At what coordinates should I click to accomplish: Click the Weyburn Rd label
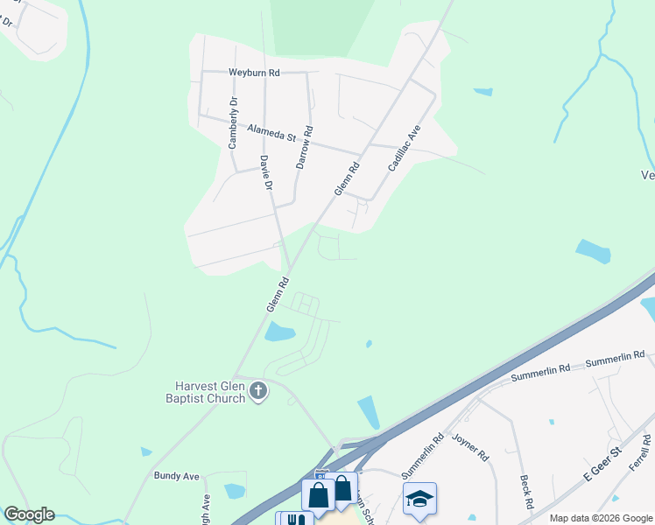(253, 73)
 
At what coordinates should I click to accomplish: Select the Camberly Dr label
(233, 123)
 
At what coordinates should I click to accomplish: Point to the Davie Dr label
(267, 173)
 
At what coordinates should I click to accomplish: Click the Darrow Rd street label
(303, 147)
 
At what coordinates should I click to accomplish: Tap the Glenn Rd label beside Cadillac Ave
(347, 178)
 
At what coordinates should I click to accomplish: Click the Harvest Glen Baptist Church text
(208, 392)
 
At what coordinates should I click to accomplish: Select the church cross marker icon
(258, 392)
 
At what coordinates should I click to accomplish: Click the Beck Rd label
(525, 493)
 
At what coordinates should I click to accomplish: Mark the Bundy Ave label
(177, 476)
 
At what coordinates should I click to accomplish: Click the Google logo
(29, 514)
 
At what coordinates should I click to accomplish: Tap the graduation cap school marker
(420, 499)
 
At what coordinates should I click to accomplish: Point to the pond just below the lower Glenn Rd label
(280, 332)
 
